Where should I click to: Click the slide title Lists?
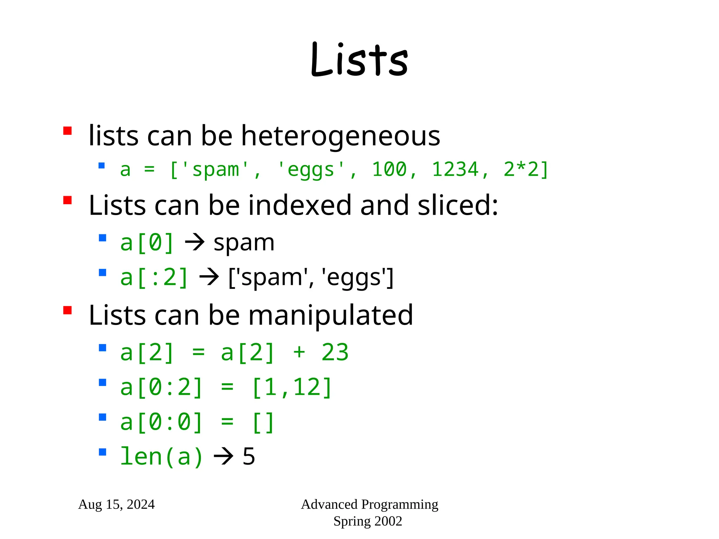click(359, 60)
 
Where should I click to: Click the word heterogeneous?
click(341, 136)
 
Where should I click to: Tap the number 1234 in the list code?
click(455, 169)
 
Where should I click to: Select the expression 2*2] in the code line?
click(526, 169)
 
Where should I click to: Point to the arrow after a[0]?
click(194, 242)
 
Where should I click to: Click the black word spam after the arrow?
click(244, 243)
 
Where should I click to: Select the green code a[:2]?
click(154, 277)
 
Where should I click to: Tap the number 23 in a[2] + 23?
click(335, 352)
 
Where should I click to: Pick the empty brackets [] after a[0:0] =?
click(263, 422)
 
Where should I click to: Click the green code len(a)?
click(161, 457)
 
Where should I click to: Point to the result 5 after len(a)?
click(249, 457)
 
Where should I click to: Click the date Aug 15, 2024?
click(116, 505)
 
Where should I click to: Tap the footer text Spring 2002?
click(368, 521)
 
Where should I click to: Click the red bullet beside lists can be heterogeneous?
click(67, 131)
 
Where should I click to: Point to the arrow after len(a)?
click(223, 457)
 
